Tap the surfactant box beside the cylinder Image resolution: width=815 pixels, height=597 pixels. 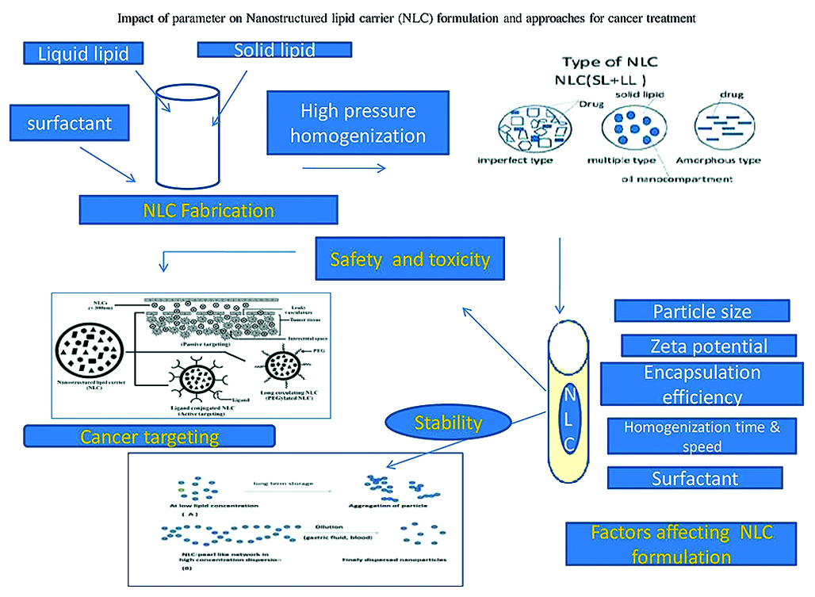pos(70,123)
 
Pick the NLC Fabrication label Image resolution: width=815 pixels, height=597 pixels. pos(209,211)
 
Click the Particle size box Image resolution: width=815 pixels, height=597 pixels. pos(702,311)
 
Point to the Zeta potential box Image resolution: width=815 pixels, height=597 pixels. pos(708,346)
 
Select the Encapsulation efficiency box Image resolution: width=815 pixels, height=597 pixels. pos(702,385)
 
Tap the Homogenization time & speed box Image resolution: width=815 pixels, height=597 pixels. pos(702,436)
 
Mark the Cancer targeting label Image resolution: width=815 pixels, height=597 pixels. pos(149,436)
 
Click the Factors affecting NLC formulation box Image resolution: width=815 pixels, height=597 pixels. pos(681,543)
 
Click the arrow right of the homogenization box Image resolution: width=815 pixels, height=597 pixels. pos(344,168)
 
